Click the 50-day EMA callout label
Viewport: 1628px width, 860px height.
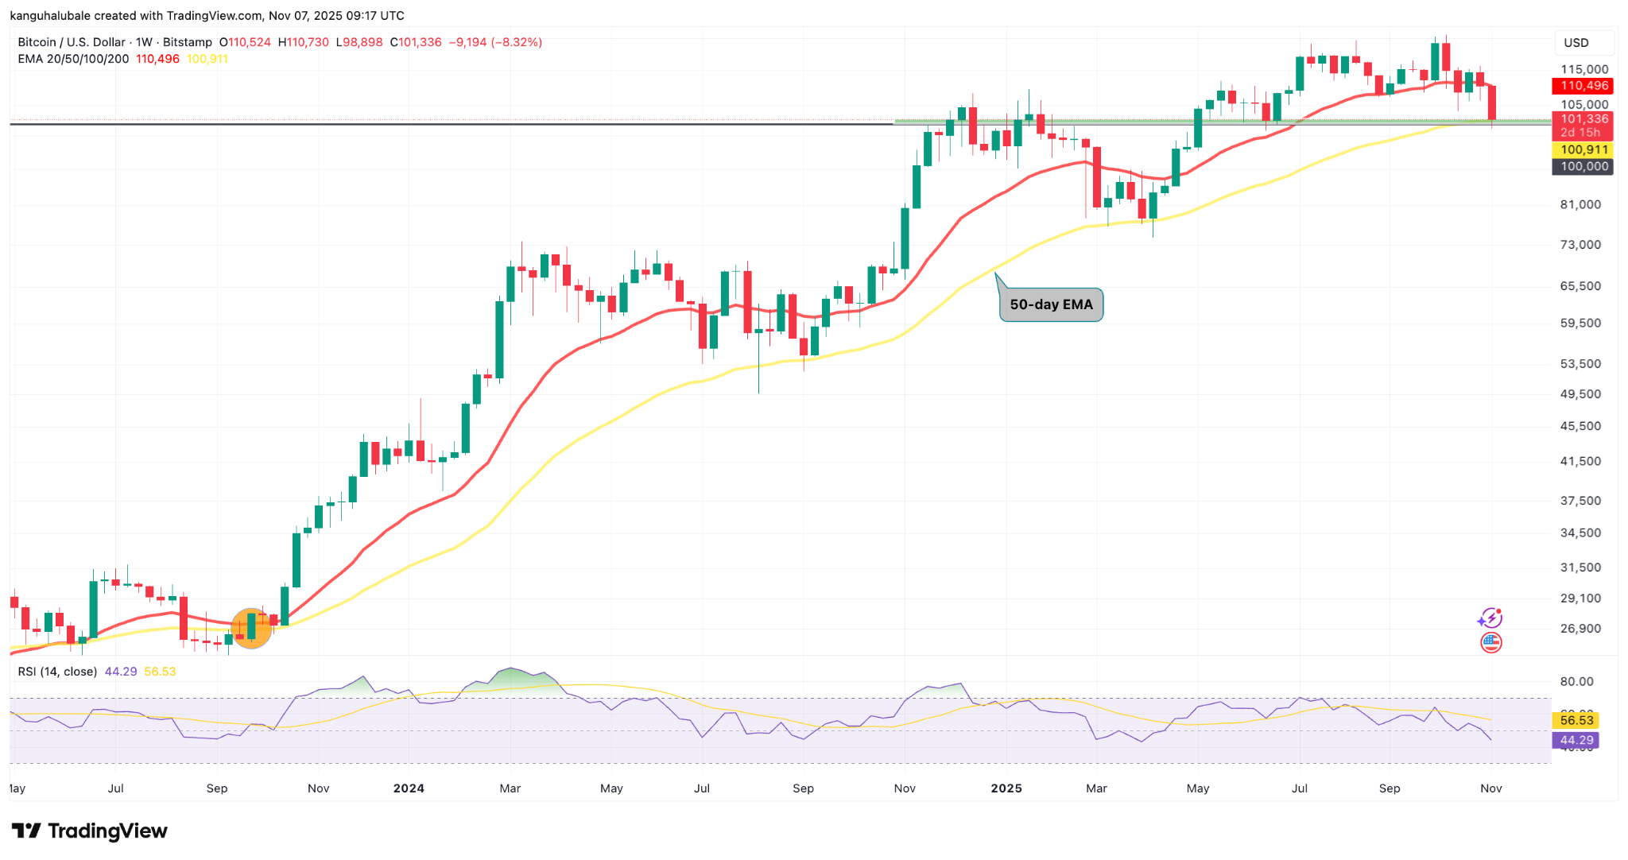click(x=1051, y=304)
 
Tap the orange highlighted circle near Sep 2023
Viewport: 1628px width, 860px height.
click(x=251, y=628)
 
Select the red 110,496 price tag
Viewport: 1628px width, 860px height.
click(x=1583, y=86)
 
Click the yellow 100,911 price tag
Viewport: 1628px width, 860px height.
click(x=1583, y=149)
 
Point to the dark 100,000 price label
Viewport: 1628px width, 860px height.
click(x=1583, y=166)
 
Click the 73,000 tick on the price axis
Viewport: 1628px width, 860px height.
click(x=1580, y=245)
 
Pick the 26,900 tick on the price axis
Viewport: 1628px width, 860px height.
click(x=1580, y=629)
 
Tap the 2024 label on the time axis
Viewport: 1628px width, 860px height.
click(x=409, y=788)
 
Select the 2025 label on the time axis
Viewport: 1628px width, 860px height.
click(x=1006, y=788)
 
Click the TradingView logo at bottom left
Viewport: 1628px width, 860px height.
click(x=89, y=831)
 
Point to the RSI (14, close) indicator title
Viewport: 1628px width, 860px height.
click(x=57, y=672)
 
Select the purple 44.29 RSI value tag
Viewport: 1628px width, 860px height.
click(x=1576, y=740)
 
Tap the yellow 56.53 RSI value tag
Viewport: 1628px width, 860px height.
click(x=1576, y=720)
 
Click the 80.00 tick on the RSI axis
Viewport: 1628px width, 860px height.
click(x=1576, y=682)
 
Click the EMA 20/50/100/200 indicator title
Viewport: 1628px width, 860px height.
click(x=73, y=59)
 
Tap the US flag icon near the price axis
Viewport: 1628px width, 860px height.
click(x=1491, y=642)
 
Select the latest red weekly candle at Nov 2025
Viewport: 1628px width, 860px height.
click(x=1492, y=103)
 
